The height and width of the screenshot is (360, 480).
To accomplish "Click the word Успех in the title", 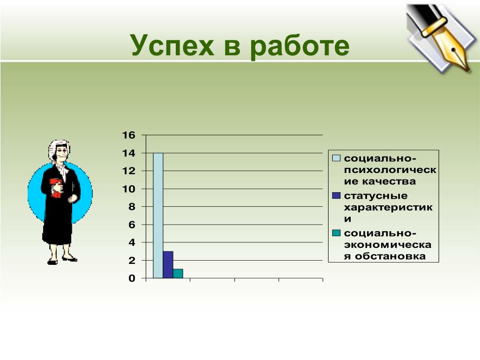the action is [172, 45].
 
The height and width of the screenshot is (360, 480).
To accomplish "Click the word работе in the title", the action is [300, 46].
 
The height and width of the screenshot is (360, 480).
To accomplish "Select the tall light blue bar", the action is [158, 216].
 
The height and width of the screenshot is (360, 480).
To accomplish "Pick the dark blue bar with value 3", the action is [168, 265].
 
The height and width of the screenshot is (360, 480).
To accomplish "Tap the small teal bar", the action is [178, 274].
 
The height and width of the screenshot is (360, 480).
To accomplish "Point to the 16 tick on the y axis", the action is [128, 135].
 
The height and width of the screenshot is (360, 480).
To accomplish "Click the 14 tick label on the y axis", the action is [128, 153].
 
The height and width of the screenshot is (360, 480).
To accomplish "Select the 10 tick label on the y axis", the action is [128, 189].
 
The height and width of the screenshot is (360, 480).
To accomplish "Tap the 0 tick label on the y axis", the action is [132, 278].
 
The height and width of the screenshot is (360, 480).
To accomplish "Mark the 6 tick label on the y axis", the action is [132, 225].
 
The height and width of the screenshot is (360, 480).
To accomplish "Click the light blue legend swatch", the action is [336, 158].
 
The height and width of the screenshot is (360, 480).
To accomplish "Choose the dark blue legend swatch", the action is [336, 195].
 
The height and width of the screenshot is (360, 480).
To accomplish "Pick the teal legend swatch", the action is [336, 233].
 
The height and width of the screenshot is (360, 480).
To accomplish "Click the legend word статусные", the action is [375, 195].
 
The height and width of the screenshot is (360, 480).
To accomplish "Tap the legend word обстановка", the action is [390, 256].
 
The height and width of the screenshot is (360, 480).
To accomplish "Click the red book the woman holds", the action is [56, 188].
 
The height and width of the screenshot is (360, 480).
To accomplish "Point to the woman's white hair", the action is [58, 148].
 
